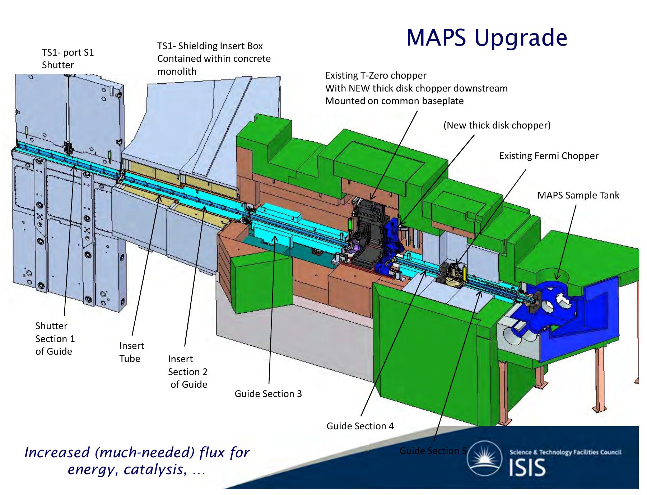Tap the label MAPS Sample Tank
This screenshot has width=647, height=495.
(x=578, y=195)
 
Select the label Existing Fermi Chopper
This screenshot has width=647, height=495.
(x=549, y=156)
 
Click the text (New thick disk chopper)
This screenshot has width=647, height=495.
(x=497, y=125)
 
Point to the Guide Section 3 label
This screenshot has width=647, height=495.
(x=268, y=394)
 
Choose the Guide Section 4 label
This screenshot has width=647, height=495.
(x=360, y=426)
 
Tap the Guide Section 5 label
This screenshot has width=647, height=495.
(x=433, y=451)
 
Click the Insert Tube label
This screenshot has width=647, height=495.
(x=132, y=352)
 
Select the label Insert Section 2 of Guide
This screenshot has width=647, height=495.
(x=188, y=372)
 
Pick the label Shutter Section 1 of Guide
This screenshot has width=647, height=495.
(x=55, y=338)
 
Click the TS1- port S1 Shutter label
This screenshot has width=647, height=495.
(x=68, y=59)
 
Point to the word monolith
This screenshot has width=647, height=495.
(x=177, y=71)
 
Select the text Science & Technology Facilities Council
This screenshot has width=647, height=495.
(x=565, y=452)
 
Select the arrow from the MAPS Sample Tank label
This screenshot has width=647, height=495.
(x=566, y=242)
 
